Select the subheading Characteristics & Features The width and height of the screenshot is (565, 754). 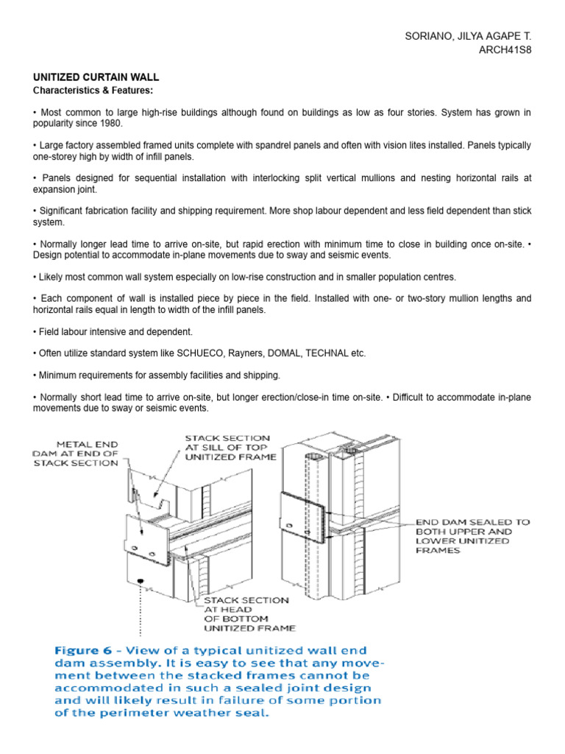tap(91, 91)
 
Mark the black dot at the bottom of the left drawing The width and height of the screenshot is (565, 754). tap(138, 582)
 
